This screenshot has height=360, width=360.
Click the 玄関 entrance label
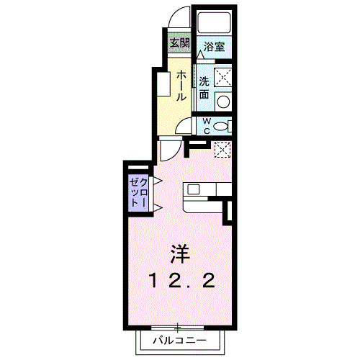179,42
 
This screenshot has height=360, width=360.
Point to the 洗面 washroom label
204,86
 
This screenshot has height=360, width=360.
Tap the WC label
206,126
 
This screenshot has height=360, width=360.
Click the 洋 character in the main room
180,253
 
